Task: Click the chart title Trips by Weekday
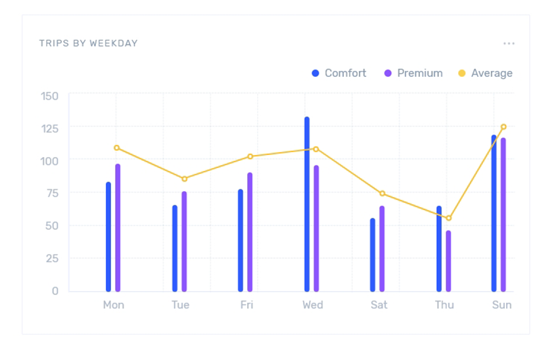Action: (x=88, y=43)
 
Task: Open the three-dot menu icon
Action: (x=509, y=43)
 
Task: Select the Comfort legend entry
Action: (x=339, y=73)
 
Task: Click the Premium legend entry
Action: (x=413, y=73)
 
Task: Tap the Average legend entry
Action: (x=485, y=73)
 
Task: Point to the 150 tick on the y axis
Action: (x=50, y=96)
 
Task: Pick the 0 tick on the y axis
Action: (x=55, y=291)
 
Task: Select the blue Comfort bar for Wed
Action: (x=307, y=204)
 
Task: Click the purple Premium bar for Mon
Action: (x=118, y=227)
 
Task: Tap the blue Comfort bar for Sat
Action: (x=373, y=255)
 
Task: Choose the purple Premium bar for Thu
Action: (x=448, y=261)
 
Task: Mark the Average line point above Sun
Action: (x=503, y=127)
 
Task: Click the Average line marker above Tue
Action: (x=185, y=179)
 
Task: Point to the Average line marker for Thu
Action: (x=449, y=218)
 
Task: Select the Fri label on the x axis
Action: (x=246, y=305)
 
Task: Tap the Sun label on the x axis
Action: (x=502, y=305)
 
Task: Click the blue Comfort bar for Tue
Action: (x=175, y=248)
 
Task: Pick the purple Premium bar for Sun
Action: (x=503, y=214)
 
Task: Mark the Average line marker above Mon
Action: (x=117, y=148)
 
